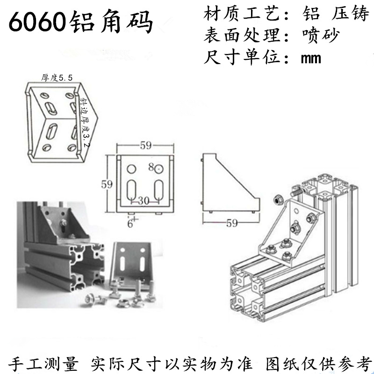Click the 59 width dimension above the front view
click(145, 146)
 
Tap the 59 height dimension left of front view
click(107, 184)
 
